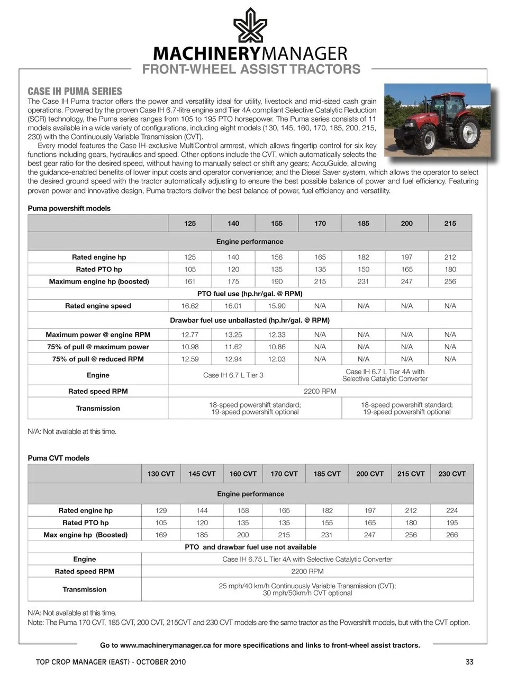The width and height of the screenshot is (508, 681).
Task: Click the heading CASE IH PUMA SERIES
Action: pyautogui.click(x=75, y=91)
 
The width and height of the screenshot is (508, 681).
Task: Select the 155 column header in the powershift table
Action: pyautogui.click(x=277, y=223)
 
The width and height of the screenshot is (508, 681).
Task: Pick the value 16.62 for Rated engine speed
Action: pyautogui.click(x=190, y=306)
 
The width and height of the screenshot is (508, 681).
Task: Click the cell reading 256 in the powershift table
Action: pyautogui.click(x=450, y=281)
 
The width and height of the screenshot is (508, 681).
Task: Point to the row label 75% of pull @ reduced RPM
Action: pyautogui.click(x=98, y=359)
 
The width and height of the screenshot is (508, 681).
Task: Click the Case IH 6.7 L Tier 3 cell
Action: pyautogui.click(x=233, y=375)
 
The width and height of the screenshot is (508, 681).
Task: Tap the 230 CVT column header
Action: pyautogui.click(x=451, y=474)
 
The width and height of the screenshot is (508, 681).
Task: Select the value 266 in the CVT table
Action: pyautogui.click(x=451, y=535)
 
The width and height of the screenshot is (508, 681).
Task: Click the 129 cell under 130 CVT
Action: pyautogui.click(x=161, y=510)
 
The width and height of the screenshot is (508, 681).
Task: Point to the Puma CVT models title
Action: pyautogui.click(x=58, y=458)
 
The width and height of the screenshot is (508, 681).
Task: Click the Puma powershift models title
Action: pyautogui.click(x=69, y=208)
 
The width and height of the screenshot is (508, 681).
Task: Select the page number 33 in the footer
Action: pyautogui.click(x=469, y=662)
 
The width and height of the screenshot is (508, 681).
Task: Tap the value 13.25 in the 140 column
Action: pyautogui.click(x=233, y=334)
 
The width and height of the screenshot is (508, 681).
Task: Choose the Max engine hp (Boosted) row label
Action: pyautogui.click(x=85, y=535)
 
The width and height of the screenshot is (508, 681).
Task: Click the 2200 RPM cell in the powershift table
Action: pyautogui.click(x=320, y=391)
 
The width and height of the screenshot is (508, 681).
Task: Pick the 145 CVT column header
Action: pyautogui.click(x=202, y=474)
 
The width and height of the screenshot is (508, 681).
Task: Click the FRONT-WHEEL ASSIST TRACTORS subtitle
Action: pyautogui.click(x=251, y=69)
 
